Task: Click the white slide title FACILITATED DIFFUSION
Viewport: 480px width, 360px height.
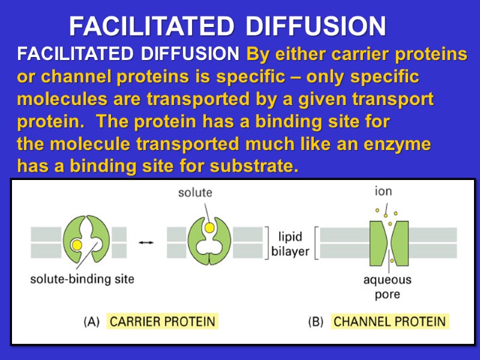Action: tap(227, 26)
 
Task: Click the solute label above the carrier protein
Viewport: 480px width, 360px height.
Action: tap(195, 193)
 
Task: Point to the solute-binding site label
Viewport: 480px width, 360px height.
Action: tap(82, 278)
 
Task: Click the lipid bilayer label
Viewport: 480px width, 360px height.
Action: tap(290, 243)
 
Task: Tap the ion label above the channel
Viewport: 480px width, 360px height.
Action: tap(383, 193)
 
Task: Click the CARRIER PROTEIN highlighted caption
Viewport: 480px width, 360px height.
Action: tap(162, 322)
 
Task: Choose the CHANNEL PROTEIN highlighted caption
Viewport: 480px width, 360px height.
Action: tap(389, 322)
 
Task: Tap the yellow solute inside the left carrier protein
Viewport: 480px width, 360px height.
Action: tap(76, 245)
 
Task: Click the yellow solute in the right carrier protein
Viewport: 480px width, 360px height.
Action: tap(207, 229)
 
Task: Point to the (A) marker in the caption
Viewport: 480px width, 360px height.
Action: tap(91, 322)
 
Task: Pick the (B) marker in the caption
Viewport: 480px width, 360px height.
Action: tap(316, 322)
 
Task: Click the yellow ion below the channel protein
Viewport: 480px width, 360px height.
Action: tap(391, 260)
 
